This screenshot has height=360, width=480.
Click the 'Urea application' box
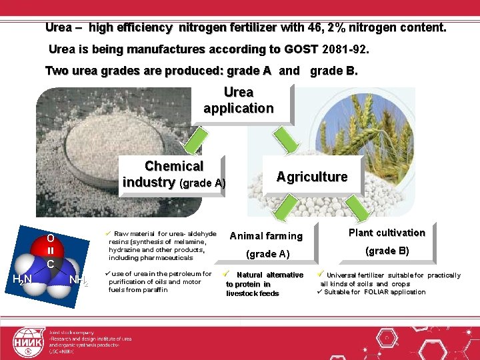click(x=239, y=101)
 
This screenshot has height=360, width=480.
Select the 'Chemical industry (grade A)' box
click(x=173, y=174)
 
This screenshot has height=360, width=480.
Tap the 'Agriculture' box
click(x=311, y=177)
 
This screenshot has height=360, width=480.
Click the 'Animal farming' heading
click(x=266, y=236)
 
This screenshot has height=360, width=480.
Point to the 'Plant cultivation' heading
click(x=387, y=233)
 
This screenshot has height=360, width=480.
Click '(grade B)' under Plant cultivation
click(x=387, y=251)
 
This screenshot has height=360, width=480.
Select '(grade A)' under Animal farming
click(x=267, y=253)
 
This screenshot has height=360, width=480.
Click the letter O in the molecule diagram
click(x=51, y=238)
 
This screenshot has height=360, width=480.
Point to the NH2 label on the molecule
click(x=79, y=279)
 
